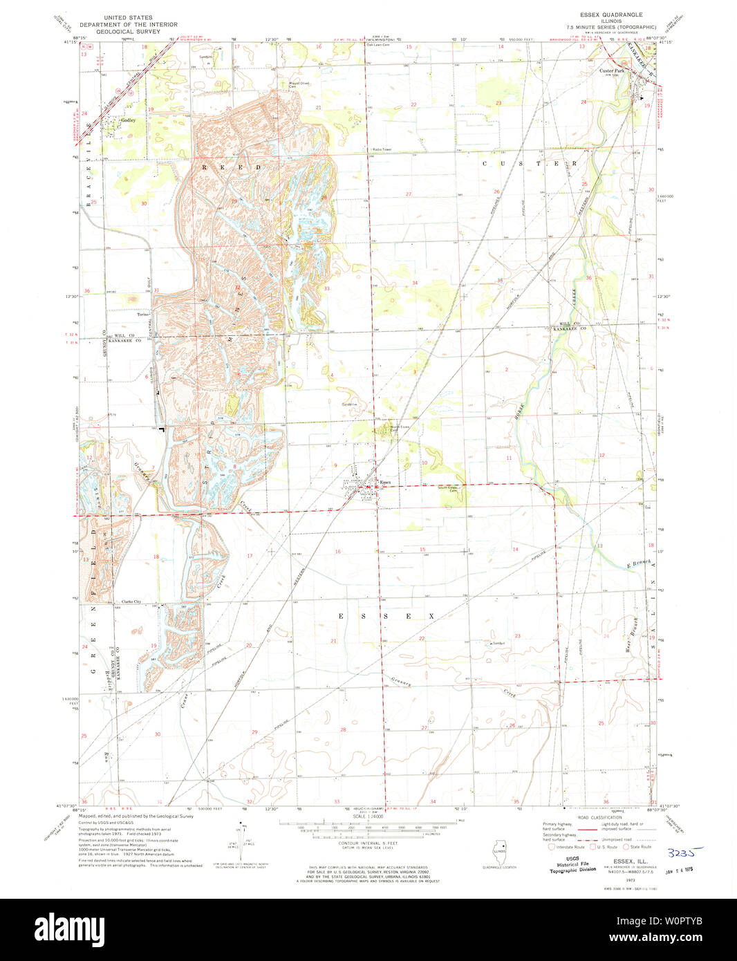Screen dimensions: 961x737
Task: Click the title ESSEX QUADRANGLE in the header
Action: point(611,15)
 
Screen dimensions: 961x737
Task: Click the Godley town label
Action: point(128,120)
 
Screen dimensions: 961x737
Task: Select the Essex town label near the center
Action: point(385,483)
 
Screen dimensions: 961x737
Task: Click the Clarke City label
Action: point(131,602)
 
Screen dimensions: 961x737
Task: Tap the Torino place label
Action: point(143,315)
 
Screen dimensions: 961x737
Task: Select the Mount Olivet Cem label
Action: point(299,85)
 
